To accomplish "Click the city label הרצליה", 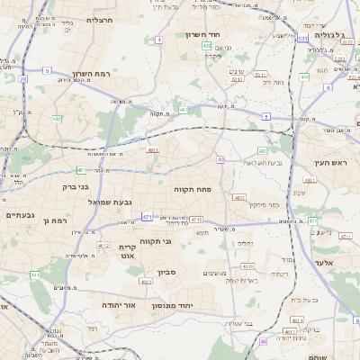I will click(99, 19).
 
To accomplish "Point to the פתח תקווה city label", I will click(192, 190).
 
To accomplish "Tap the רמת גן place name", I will click(56, 220).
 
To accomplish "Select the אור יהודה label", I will click(117, 304).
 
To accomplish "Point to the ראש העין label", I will click(331, 162).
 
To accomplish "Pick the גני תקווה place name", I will click(157, 240).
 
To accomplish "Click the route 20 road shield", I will click(22, 78).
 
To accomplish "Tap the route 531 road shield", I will click(302, 39).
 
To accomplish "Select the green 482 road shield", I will click(57, 119).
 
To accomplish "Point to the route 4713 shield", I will click(197, 220).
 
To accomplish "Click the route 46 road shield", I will click(264, 342).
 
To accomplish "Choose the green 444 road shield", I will click(304, 77).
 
